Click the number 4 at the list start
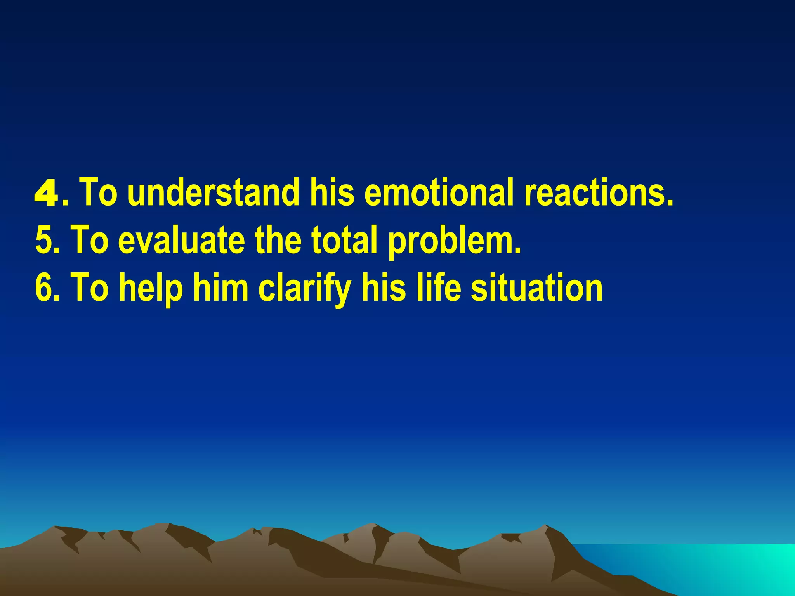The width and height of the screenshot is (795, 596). [46, 193]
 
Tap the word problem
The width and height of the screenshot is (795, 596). [450, 243]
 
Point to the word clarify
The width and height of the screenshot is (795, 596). [305, 289]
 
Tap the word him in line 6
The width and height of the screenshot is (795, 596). [221, 288]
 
